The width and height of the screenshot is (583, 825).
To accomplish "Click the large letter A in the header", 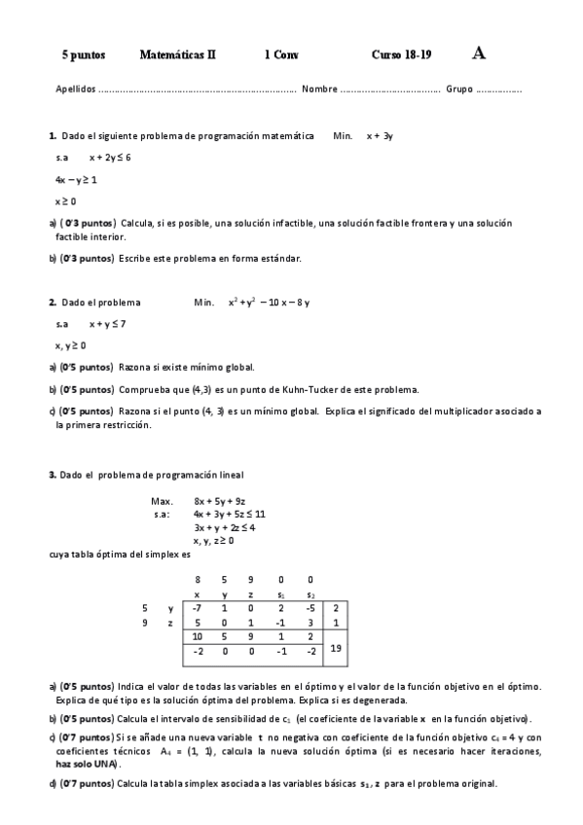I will pos(479,54).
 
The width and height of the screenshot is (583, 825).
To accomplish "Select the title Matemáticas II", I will pos(178,55).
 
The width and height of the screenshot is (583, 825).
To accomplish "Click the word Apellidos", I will pos(76,90).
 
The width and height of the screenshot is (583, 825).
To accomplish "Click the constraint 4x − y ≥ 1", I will pos(76,179).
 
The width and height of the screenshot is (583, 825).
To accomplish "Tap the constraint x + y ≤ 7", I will pos(107,324).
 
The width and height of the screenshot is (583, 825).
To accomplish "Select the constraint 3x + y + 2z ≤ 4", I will pos(225,527).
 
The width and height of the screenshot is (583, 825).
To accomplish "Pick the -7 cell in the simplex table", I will pos(198,608).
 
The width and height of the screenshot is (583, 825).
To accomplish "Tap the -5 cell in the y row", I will pos(310,608).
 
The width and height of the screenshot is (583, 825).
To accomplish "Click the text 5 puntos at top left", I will pos(83,55).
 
